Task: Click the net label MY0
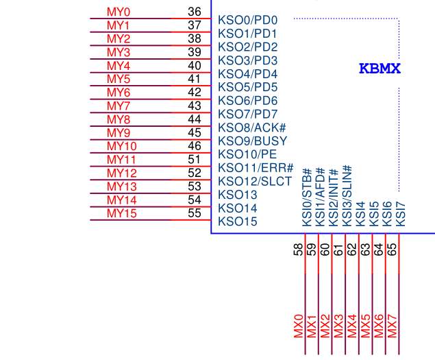point(119,12)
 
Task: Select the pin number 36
point(194,12)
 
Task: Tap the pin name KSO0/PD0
point(247,20)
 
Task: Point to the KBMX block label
point(380,69)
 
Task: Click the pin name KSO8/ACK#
point(252,128)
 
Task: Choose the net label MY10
point(122,146)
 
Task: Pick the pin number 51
point(194,160)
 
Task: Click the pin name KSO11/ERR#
point(256,168)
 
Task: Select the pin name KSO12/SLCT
point(255,182)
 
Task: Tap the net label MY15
point(122,213)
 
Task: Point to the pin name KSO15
point(238,221)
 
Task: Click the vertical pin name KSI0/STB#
point(307,197)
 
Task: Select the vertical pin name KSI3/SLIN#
point(347,196)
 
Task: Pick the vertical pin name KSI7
point(401,215)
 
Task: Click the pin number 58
point(298,250)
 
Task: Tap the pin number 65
point(392,250)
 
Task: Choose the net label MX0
point(299,326)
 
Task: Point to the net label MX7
point(393,326)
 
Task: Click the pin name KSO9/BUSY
point(253,141)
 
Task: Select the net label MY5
point(119,79)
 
